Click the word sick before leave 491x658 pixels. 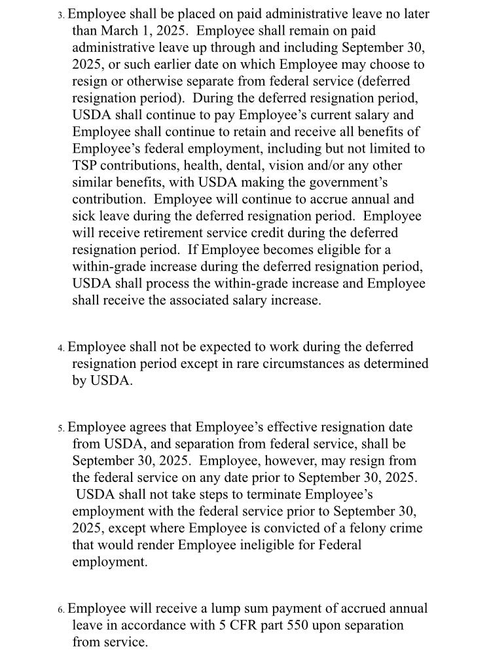(x=85, y=216)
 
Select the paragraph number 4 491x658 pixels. (x=60, y=348)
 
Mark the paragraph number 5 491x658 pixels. (x=60, y=428)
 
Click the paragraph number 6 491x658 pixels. (x=60, y=610)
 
